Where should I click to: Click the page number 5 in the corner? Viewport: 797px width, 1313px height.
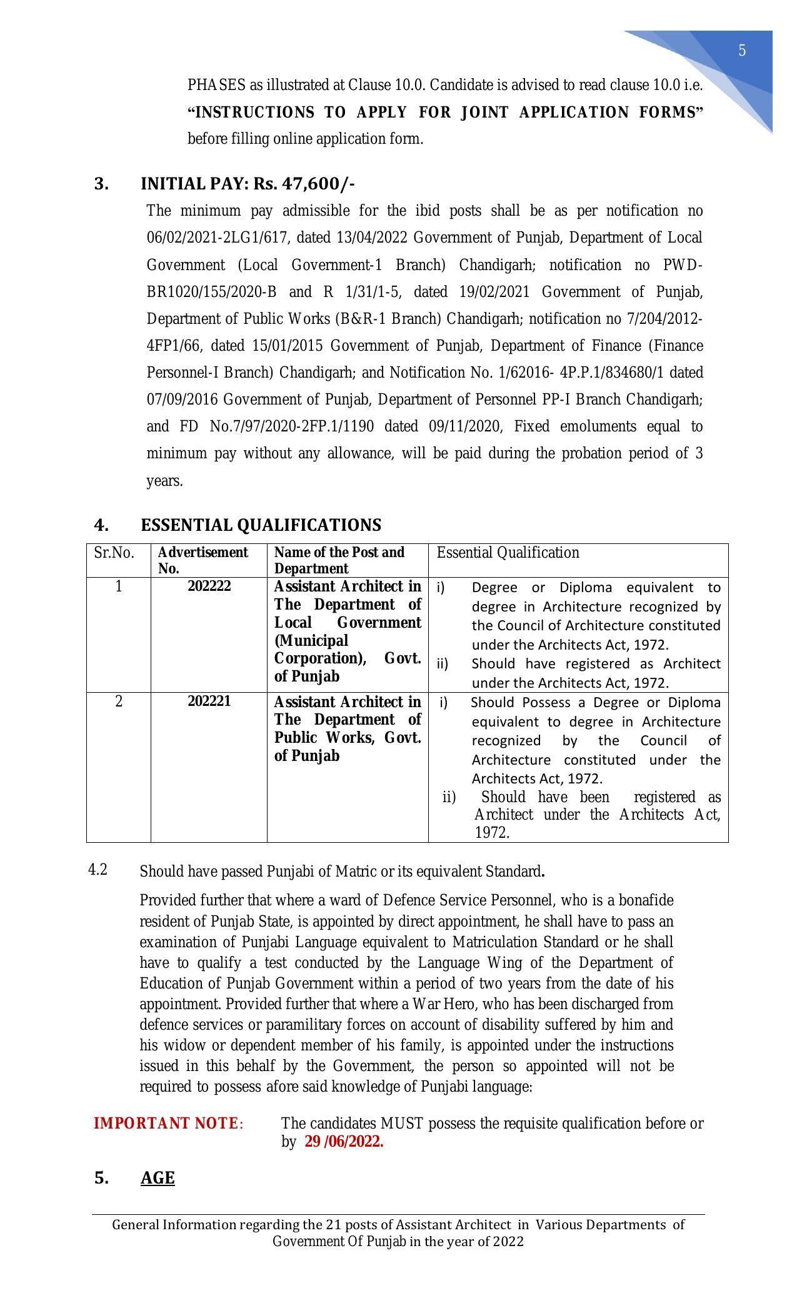[x=742, y=51]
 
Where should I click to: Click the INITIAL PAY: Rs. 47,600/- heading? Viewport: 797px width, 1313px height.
[x=248, y=184]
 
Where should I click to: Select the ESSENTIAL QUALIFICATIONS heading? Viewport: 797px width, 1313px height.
[x=261, y=525]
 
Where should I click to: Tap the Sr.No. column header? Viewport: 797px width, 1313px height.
[x=114, y=553]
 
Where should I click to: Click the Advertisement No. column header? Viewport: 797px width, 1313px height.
[x=203, y=560]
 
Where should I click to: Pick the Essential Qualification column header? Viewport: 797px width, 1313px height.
[x=508, y=553]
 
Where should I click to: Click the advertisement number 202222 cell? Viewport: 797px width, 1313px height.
[x=209, y=586]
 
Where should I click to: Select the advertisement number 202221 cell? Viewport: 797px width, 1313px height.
[x=209, y=701]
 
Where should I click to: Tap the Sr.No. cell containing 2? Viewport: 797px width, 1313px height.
[x=119, y=702]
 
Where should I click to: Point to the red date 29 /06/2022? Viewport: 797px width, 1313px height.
[x=344, y=1142]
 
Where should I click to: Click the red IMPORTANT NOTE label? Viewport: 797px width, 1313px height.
[x=166, y=1124]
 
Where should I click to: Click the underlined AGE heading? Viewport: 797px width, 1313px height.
[x=158, y=1178]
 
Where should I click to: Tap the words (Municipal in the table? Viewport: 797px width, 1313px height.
[x=311, y=641]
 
